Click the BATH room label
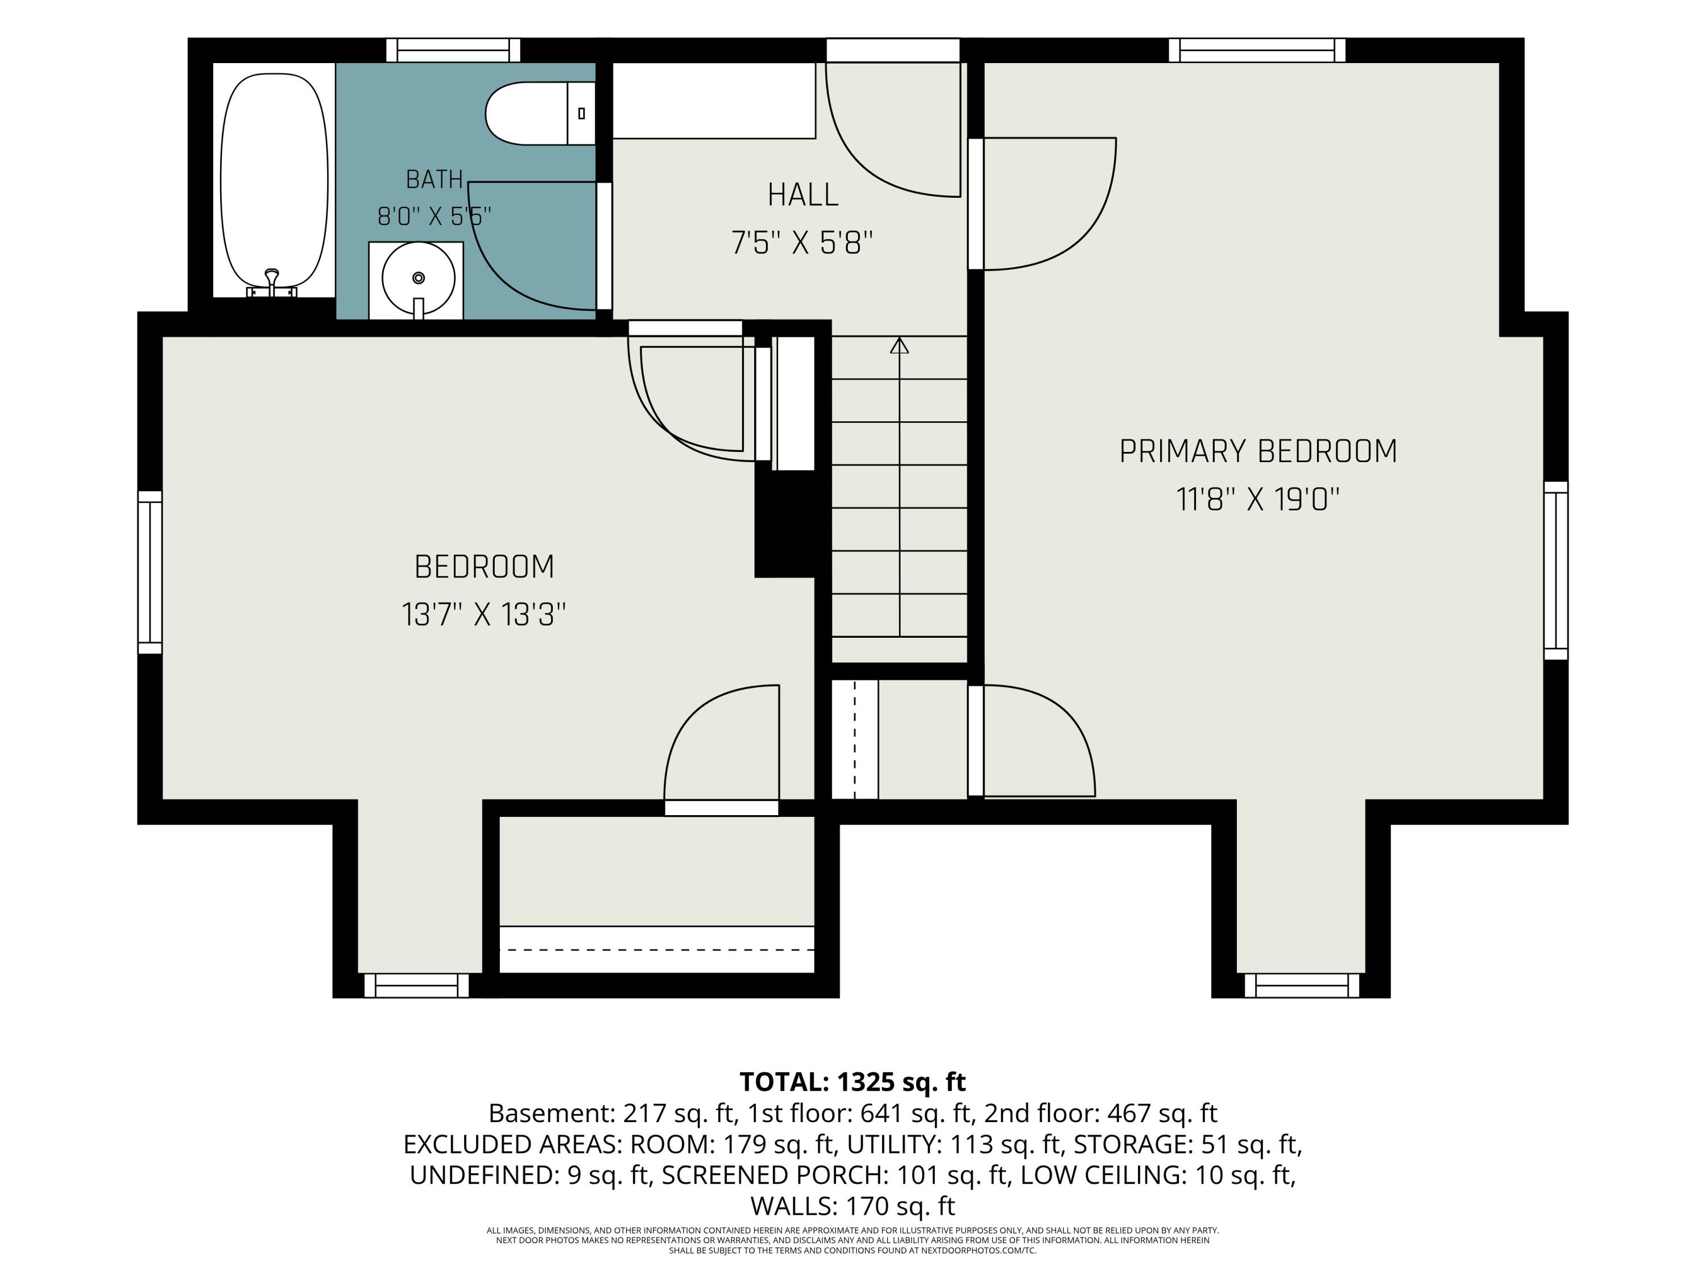pyautogui.click(x=434, y=180)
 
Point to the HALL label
pyautogui.click(x=803, y=195)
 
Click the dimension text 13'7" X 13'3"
pyautogui.click(x=483, y=615)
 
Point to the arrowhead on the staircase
pyautogui.click(x=899, y=346)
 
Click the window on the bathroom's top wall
pyautogui.click(x=453, y=50)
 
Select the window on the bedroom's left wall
pyautogui.click(x=150, y=572)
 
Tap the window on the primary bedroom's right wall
pyautogui.click(x=1556, y=571)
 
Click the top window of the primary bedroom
pyautogui.click(x=1257, y=50)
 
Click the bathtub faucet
pyautogui.click(x=271, y=284)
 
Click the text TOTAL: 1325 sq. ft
pyautogui.click(x=852, y=1082)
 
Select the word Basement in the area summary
pyautogui.click(x=550, y=1113)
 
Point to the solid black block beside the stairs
pyautogui.click(x=784, y=524)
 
